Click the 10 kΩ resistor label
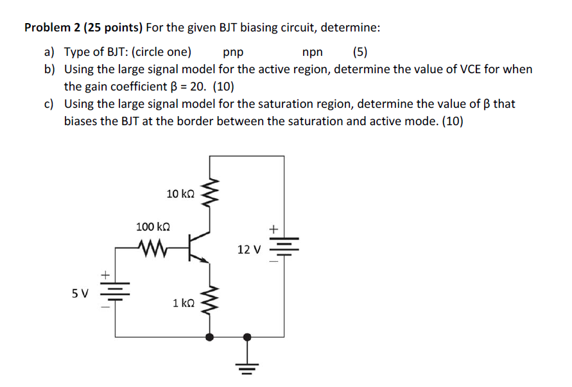tap(180, 193)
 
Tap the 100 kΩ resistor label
tap(153, 227)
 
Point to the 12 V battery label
tap(248, 249)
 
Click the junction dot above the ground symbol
tap(247, 336)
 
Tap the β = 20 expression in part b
tap(181, 86)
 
